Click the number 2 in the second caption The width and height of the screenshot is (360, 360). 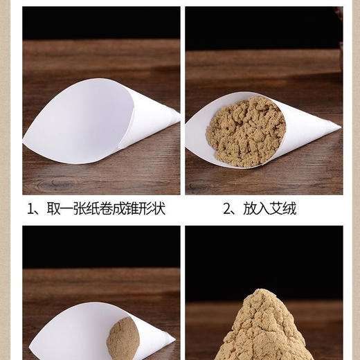227,208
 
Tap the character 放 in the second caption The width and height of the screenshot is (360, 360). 249,208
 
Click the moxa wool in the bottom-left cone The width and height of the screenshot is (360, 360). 123,339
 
